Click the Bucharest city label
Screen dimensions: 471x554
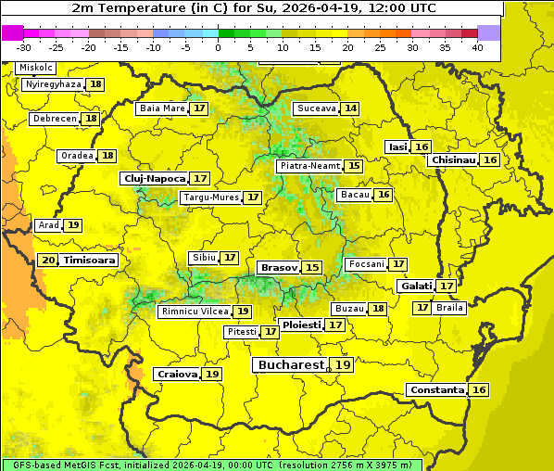coord(291,365)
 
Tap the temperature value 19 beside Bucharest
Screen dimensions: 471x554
coord(343,365)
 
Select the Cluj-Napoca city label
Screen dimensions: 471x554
coord(154,178)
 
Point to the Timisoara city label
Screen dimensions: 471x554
coord(90,261)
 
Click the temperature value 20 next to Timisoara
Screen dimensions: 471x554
coord(48,261)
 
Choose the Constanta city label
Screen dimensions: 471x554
coord(436,390)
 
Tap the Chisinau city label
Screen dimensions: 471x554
coord(453,159)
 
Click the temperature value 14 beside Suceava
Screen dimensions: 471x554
coord(350,108)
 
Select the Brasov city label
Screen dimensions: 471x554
coord(279,267)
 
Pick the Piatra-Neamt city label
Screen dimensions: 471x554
coord(309,166)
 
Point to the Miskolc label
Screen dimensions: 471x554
coord(36,68)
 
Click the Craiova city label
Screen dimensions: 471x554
coord(177,374)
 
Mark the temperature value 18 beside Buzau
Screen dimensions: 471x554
coord(377,308)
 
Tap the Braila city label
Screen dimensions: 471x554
coord(449,307)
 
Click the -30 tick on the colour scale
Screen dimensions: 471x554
coord(24,47)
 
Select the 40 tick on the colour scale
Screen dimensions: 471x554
coord(477,47)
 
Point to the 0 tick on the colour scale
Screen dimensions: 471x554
coord(219,47)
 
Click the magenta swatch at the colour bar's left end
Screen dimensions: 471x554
coord(12,32)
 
